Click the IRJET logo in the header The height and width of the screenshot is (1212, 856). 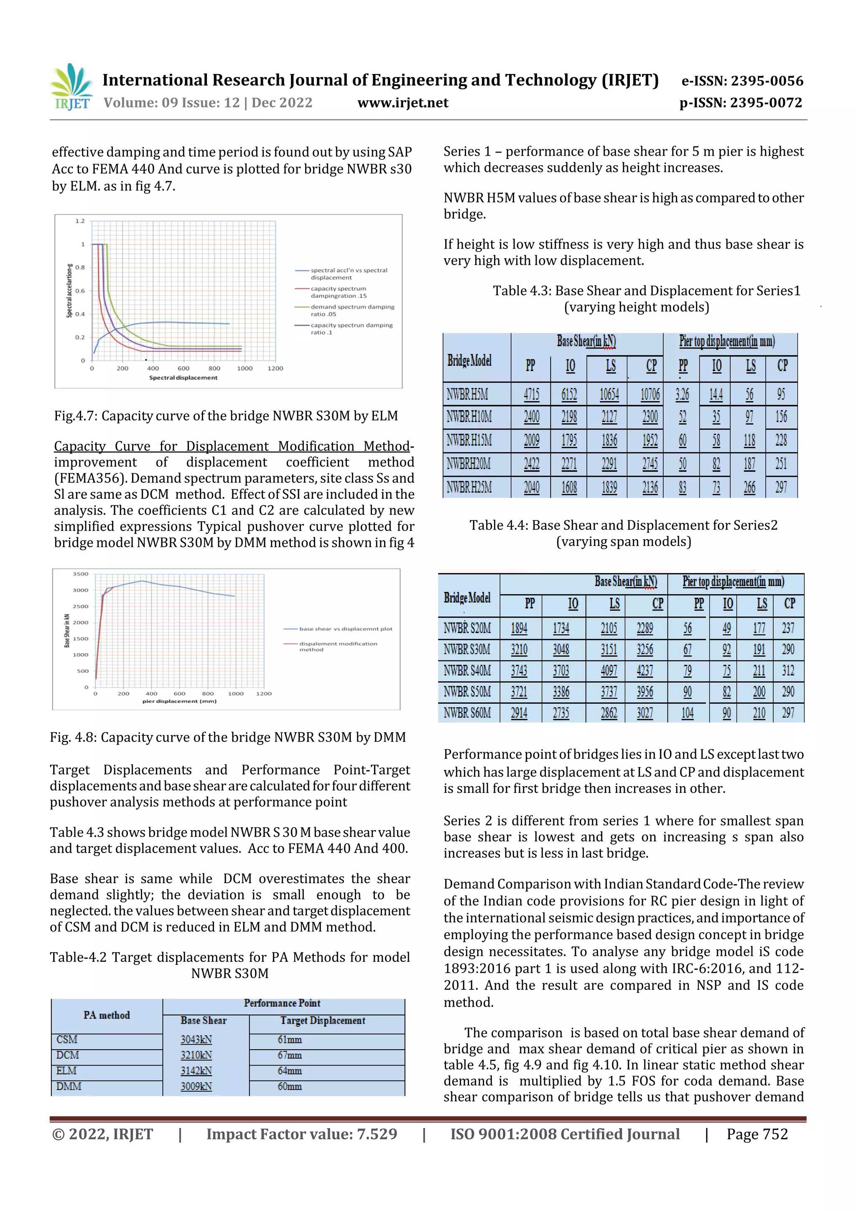coord(71,87)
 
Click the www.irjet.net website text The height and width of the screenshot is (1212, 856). coord(403,102)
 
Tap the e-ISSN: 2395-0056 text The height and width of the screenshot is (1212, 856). coord(742,81)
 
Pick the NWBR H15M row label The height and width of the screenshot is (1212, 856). coord(469,440)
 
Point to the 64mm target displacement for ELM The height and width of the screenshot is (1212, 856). coord(290,1071)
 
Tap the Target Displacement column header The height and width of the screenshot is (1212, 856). coord(322,1020)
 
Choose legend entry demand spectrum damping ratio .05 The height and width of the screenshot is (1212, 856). coord(352,310)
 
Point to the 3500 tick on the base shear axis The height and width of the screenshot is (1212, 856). coord(81,574)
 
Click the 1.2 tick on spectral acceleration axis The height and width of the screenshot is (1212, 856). coord(80,220)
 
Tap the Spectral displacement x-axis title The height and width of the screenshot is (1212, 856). coord(183,377)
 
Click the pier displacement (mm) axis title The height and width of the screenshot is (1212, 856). coord(179,701)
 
